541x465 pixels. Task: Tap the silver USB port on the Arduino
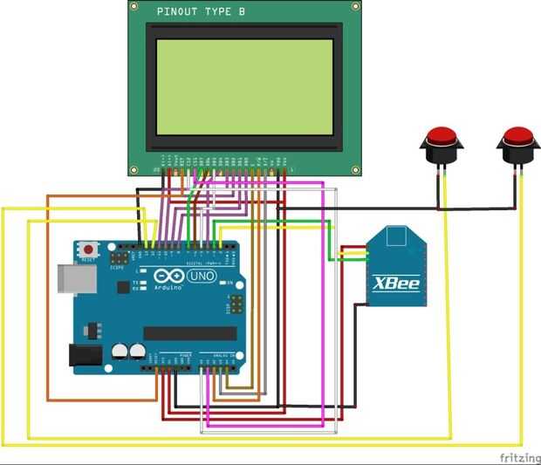(x=72, y=277)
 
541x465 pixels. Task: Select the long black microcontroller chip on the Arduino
(x=189, y=333)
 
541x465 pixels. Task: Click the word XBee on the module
(x=397, y=284)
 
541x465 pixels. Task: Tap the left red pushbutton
(x=443, y=139)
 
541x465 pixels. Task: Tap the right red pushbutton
(x=517, y=139)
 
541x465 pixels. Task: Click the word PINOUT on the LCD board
(x=179, y=12)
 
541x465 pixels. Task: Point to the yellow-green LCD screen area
(x=244, y=86)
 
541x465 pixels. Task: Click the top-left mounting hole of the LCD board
(x=135, y=7)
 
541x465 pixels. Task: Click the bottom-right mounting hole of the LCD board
(x=354, y=168)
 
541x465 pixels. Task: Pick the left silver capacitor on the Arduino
(x=119, y=351)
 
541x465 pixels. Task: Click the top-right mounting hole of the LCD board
(x=354, y=7)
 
